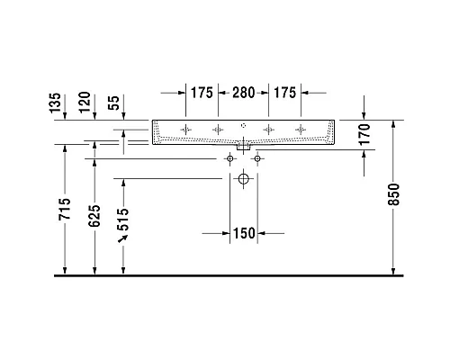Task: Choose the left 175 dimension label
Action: click(201, 93)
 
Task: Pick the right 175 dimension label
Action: click(285, 93)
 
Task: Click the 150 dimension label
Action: click(244, 234)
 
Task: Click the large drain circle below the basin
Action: click(244, 180)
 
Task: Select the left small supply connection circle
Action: click(230, 159)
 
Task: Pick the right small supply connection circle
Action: click(257, 159)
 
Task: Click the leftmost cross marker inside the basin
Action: click(186, 130)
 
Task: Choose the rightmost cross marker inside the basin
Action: click(299, 130)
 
